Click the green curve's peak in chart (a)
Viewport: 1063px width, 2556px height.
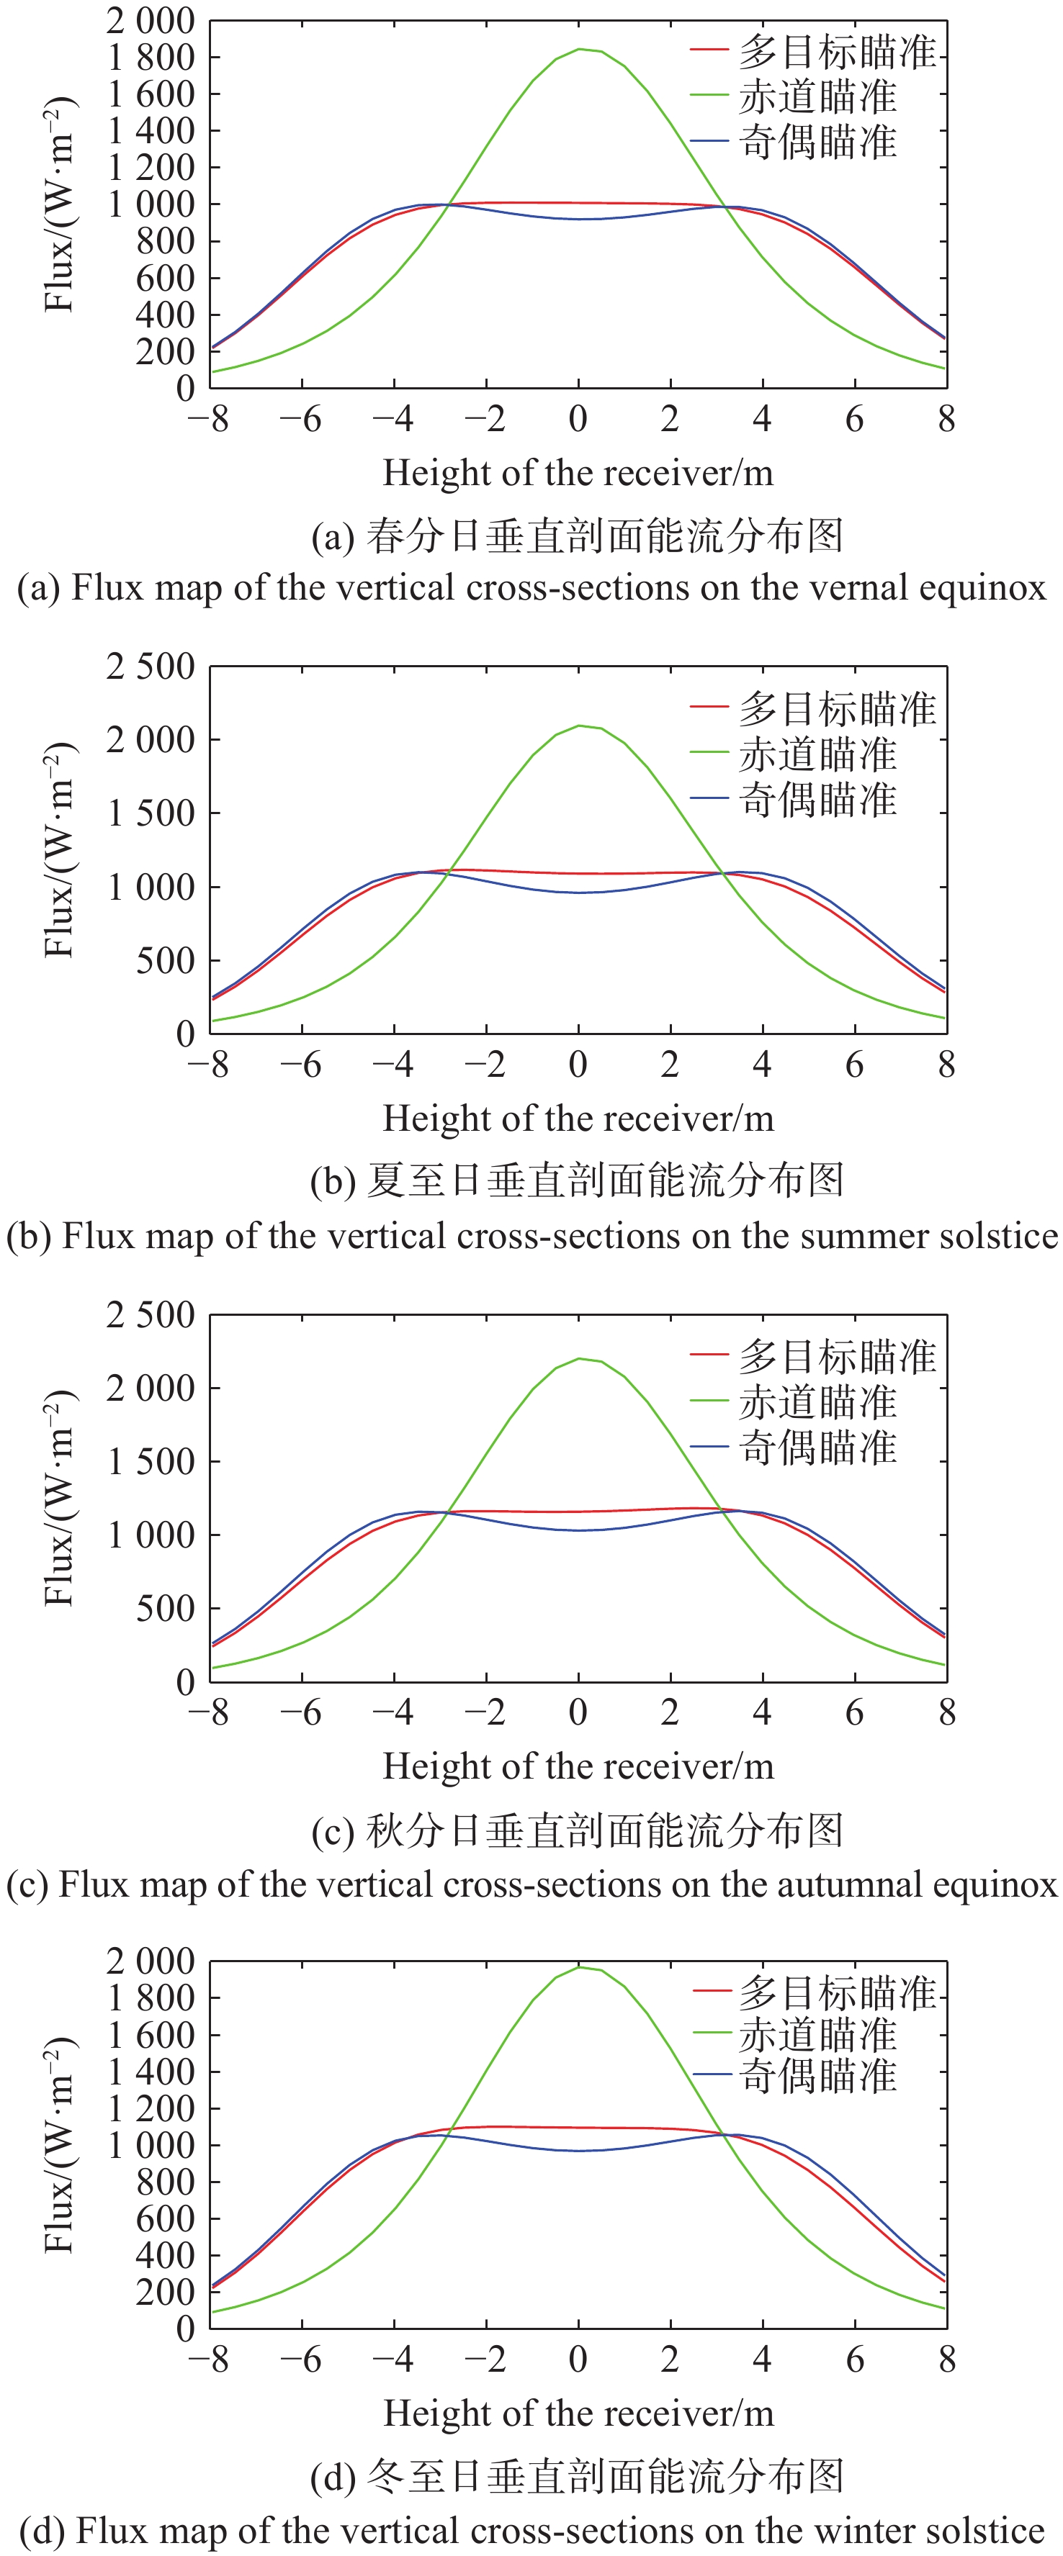(580, 49)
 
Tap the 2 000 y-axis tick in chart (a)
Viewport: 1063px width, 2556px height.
(150, 20)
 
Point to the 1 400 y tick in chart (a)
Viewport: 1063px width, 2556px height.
(150, 130)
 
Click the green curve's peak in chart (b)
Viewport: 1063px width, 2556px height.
(580, 726)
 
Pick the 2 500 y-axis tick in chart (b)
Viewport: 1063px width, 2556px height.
(150, 666)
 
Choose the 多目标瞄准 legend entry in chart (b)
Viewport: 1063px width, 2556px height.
(837, 708)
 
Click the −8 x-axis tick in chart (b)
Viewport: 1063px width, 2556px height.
(207, 1065)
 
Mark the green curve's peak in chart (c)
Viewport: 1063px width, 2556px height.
(580, 1358)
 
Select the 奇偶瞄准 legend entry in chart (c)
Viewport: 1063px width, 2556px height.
(817, 1448)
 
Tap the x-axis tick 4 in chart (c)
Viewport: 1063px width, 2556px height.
(762, 1712)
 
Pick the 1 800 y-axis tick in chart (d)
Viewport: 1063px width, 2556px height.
(150, 1997)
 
